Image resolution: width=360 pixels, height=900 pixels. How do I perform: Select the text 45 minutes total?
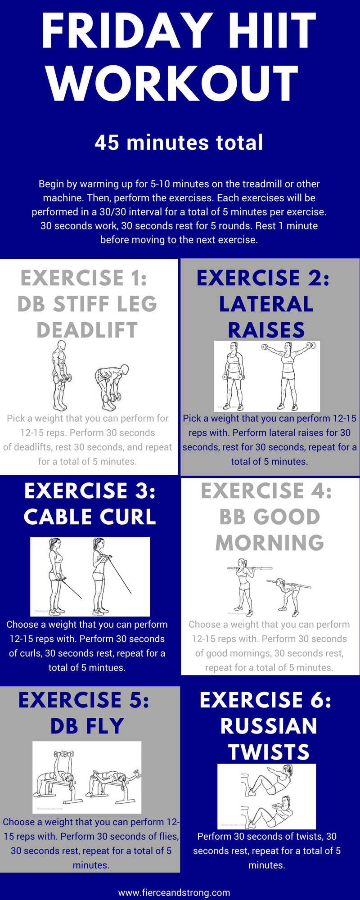[179, 143]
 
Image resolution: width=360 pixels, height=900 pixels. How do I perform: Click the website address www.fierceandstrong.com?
[174, 892]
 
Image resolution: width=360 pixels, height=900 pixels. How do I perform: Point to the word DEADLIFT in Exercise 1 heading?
[87, 330]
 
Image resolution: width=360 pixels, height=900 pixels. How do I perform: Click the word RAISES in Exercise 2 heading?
[266, 330]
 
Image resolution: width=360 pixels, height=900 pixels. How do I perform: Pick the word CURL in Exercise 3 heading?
[126, 517]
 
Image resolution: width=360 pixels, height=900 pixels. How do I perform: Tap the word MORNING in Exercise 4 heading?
[270, 543]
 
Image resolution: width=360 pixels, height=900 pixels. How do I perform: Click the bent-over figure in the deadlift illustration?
[112, 387]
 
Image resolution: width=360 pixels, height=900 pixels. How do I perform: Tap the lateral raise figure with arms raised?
[288, 376]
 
